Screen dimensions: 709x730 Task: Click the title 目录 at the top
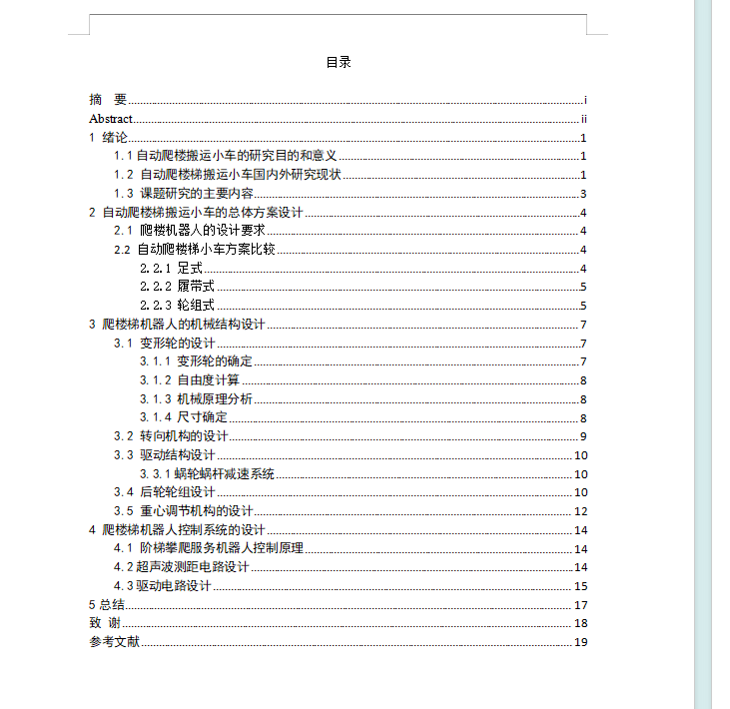pos(339,62)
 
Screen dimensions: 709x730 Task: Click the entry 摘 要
pos(108,100)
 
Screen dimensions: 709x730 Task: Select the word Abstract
pos(111,119)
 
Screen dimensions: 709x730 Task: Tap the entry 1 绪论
pos(109,138)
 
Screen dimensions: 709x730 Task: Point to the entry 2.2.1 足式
pos(171,269)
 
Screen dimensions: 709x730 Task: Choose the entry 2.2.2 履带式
pos(177,287)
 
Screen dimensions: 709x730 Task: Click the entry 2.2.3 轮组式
pos(177,306)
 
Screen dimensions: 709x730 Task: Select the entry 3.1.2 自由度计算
pos(189,380)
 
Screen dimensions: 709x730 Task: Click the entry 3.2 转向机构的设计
pos(171,436)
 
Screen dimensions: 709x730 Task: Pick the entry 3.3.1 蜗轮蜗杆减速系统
pos(207,473)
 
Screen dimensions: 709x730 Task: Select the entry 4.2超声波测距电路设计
pos(181,567)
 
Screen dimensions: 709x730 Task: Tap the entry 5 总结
pos(107,605)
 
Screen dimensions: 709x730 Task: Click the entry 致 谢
pos(105,623)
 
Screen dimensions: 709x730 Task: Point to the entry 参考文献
pos(114,642)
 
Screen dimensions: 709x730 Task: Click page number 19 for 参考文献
pos(580,642)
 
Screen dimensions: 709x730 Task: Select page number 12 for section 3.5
pos(580,511)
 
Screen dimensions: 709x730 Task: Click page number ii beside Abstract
pos(583,119)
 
